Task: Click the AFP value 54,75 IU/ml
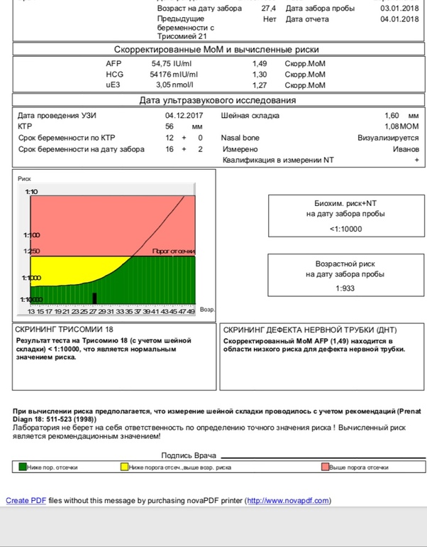pos(167,63)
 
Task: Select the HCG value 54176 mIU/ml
pos(174,75)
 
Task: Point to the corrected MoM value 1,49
pos(260,63)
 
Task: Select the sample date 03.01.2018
pos(396,8)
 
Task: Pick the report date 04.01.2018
pos(396,19)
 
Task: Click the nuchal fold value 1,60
pos(392,115)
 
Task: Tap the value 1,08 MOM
pos(401,126)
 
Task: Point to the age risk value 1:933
pos(345,288)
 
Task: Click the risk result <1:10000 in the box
pos(345,229)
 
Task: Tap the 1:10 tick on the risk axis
pos(32,193)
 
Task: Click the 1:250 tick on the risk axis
pos(32,251)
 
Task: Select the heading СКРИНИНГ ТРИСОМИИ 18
pos(63,330)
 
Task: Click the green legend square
pos(23,467)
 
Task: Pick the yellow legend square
pos(124,467)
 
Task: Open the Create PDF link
pos(26,501)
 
